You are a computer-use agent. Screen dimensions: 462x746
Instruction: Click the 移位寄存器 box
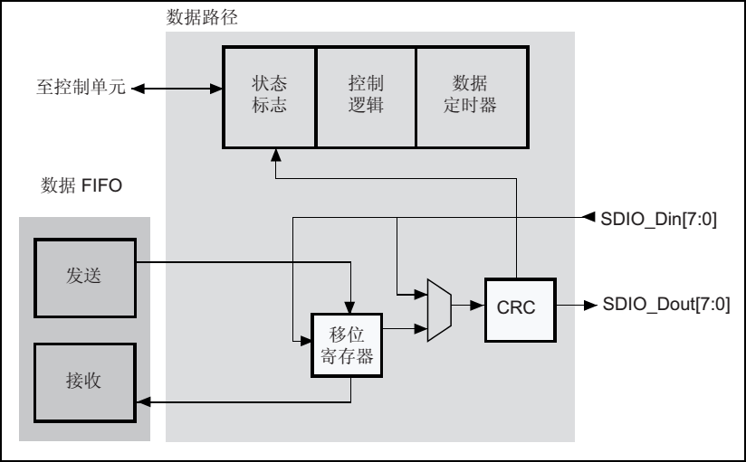[x=346, y=345]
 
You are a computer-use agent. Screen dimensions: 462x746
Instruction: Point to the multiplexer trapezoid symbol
[x=438, y=308]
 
